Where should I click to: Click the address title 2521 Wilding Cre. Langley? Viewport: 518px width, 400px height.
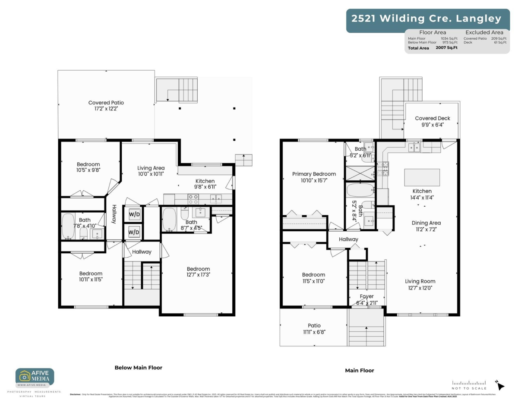point(426,19)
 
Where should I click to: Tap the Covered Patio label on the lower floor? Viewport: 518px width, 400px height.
point(106,103)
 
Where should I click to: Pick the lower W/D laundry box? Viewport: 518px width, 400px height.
point(134,232)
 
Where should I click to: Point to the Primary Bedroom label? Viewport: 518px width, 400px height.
point(314,174)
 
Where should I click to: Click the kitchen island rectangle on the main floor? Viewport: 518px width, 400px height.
point(422,177)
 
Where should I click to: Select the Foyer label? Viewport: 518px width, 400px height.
point(367,296)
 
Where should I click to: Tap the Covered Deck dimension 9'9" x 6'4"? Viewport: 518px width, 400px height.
point(432,125)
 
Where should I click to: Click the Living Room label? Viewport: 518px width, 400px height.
point(420,281)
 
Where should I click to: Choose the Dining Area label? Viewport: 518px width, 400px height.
point(426,223)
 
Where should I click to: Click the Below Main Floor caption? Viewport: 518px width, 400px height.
point(138,368)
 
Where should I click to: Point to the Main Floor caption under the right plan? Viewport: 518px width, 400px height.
point(360,370)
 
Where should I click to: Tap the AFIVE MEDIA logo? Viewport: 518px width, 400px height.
point(35,377)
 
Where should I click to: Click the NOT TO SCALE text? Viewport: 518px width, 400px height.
point(469,388)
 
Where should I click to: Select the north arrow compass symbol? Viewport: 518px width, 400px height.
point(500,384)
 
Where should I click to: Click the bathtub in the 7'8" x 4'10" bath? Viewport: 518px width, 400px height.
point(69,226)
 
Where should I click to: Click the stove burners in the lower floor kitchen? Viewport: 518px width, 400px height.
point(193,199)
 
